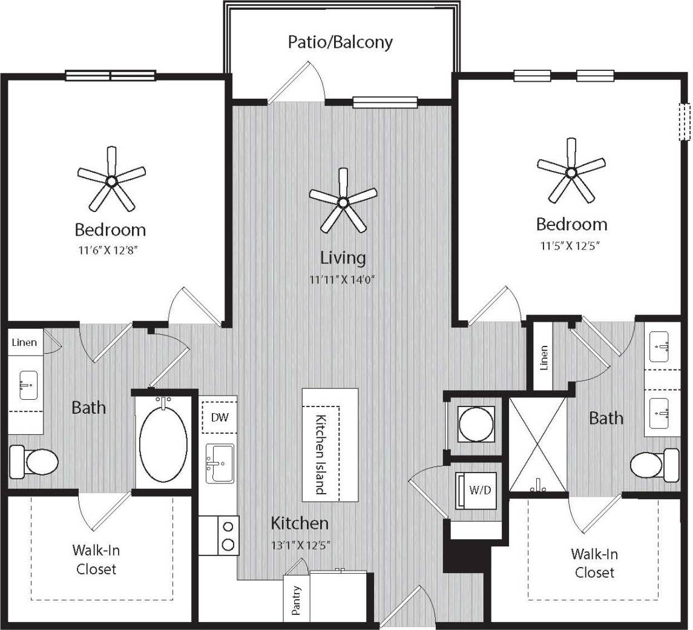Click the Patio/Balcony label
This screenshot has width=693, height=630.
pyautogui.click(x=340, y=42)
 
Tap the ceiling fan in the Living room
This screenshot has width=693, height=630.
pyautogui.click(x=343, y=202)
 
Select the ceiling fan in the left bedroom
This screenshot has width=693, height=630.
pyautogui.click(x=111, y=180)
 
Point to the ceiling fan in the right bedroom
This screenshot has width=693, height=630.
pyautogui.click(x=571, y=172)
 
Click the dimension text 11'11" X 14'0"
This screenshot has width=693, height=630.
pyautogui.click(x=343, y=280)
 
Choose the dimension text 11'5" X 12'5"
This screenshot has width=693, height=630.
pyautogui.click(x=571, y=245)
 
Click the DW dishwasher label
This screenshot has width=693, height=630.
pyautogui.click(x=219, y=417)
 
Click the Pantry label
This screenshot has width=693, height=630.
pyautogui.click(x=297, y=600)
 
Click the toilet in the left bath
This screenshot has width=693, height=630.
pyautogui.click(x=35, y=462)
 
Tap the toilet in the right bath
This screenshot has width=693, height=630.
pyautogui.click(x=654, y=465)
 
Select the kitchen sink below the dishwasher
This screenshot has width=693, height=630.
pyautogui.click(x=220, y=463)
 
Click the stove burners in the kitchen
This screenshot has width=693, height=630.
pyautogui.click(x=228, y=535)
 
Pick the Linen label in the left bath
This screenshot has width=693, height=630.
pyautogui.click(x=24, y=343)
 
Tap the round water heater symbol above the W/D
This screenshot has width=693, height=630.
pyautogui.click(x=475, y=423)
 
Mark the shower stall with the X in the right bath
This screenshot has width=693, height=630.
pyautogui.click(x=537, y=444)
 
